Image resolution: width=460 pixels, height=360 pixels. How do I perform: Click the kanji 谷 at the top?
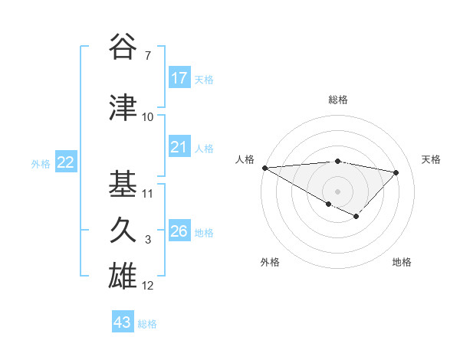124,48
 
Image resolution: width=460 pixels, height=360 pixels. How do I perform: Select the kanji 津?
124,107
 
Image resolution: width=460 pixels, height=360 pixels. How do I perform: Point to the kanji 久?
124,231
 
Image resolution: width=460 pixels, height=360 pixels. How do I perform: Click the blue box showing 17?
179,78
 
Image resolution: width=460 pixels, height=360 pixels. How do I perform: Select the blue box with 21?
179,147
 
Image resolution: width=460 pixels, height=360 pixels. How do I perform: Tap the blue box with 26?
179,231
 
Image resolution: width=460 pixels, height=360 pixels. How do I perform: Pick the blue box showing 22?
65,162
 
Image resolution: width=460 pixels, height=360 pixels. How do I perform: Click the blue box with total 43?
122,322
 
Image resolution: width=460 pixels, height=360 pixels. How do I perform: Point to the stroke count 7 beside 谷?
147,56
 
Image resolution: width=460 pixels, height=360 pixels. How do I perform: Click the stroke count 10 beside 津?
148,116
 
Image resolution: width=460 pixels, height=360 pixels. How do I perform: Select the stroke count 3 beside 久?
147,240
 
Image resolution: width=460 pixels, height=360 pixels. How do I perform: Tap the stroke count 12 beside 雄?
148,286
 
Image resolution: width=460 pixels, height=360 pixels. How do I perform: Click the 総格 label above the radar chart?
337,100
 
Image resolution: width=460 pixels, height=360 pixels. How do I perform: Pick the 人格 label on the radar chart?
245,159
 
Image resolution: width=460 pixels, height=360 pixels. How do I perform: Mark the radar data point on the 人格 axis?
264,168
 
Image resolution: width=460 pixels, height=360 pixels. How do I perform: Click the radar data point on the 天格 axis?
396,172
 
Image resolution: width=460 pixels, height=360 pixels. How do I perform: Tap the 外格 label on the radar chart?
270,262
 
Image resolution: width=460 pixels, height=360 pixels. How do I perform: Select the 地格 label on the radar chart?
402,262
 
